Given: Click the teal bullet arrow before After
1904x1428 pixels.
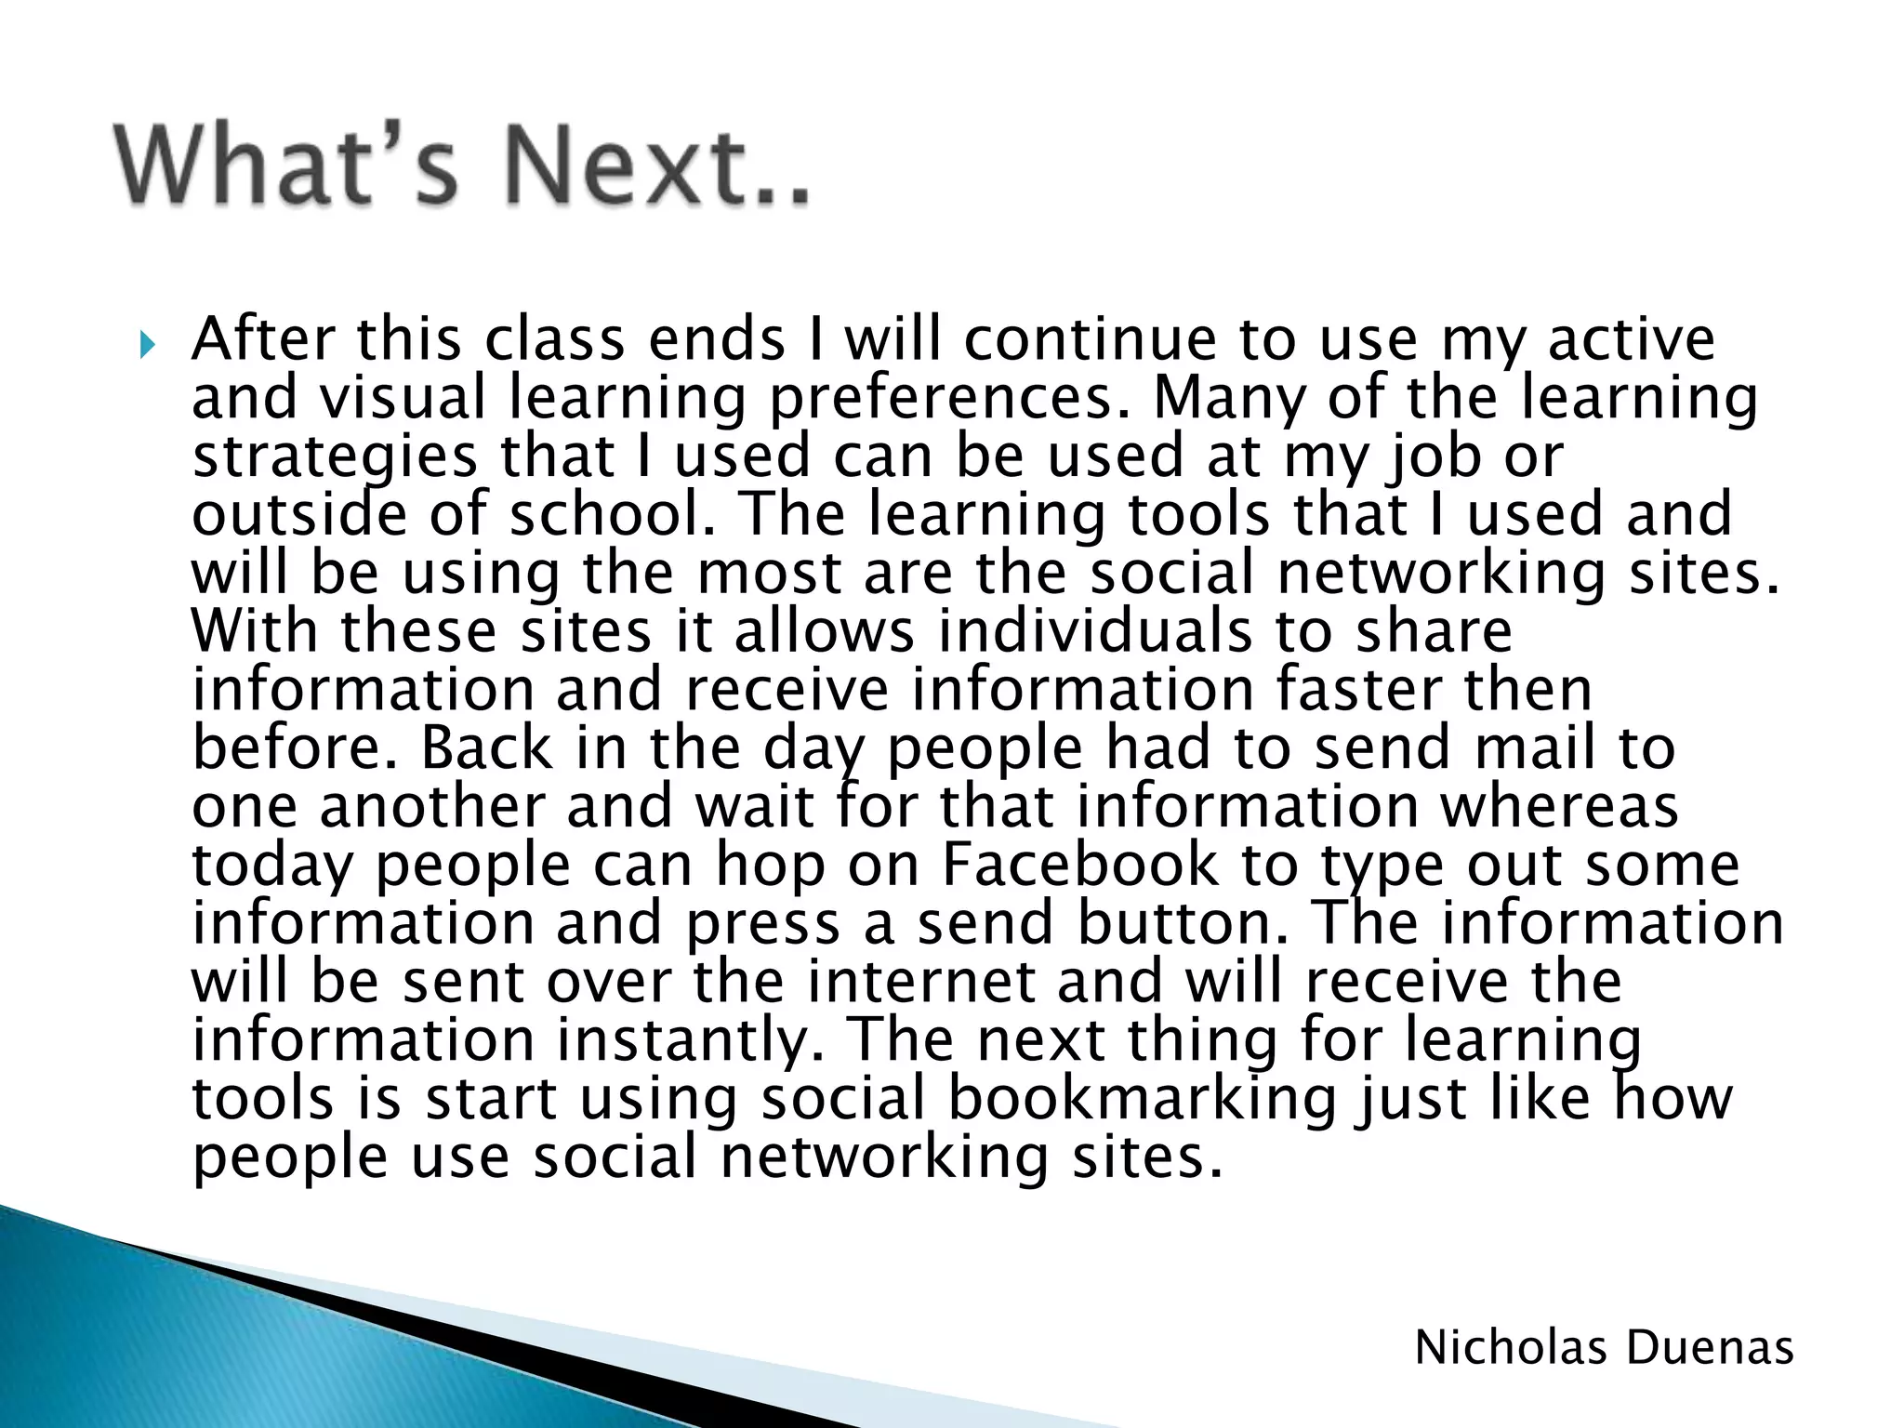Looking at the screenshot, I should [147, 347].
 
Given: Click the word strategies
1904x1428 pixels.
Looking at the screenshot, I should [335, 457].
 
